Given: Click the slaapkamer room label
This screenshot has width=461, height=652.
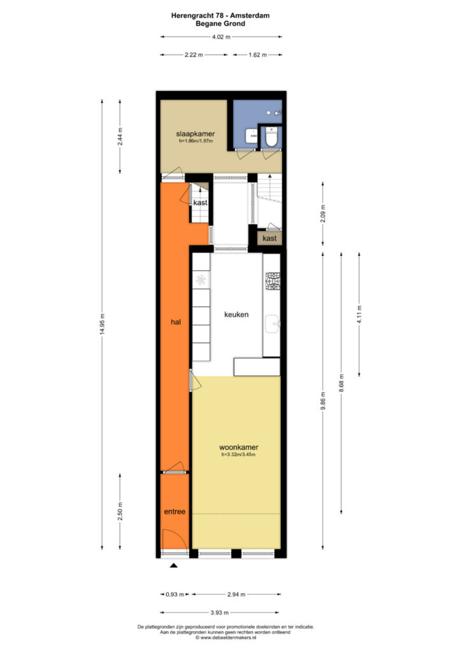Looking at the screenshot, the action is coord(195,134).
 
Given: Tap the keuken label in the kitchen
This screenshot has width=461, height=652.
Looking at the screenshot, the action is coord(236,315).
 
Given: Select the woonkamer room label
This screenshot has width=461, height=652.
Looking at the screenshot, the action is coord(239,448).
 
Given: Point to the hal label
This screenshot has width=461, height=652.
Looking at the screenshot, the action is coord(175,322).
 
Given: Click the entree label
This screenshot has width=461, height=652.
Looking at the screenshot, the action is coord(174,512).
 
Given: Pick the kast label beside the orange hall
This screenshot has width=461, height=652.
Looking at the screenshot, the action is coord(201,202).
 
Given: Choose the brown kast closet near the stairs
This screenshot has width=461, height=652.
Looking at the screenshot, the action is coord(269,238).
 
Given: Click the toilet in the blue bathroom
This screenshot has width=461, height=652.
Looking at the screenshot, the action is coord(271,137).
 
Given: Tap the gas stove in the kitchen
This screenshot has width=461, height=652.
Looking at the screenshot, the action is coord(273,281).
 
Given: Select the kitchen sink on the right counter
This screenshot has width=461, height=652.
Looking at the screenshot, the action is coord(273,324).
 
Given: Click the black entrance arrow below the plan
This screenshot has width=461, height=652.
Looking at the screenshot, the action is coord(174,565).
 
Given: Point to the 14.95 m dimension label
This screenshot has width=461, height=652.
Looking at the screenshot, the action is coord(103,324).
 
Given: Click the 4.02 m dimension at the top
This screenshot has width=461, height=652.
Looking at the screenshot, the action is coord(221,36).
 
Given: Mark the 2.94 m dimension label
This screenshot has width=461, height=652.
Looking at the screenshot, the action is coord(236,594).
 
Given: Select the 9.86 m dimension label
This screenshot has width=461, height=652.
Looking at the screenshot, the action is coord(323,401).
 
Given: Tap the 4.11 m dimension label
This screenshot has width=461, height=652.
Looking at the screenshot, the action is coord(359,315).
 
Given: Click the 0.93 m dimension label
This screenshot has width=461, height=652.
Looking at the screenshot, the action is coord(174,594).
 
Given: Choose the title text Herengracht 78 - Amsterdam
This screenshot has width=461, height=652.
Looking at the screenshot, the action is coord(220,15).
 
